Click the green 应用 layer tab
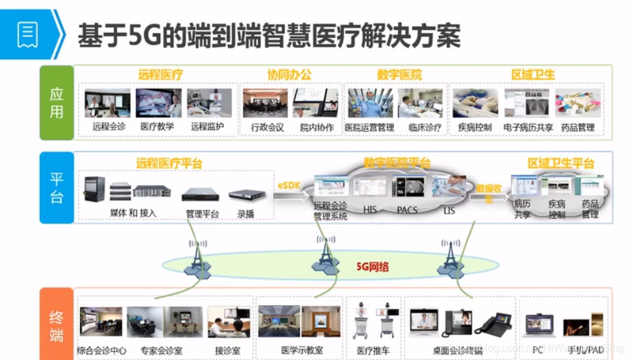point(57,102)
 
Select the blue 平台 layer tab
point(57,188)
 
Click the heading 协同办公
point(289,75)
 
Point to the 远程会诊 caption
point(109,127)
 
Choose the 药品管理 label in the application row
point(577,127)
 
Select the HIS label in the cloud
point(370,210)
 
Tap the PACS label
point(407,210)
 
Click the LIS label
point(449,210)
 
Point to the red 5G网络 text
point(373,266)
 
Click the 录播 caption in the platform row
point(245,213)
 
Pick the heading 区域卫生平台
point(561,163)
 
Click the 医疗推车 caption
point(373,351)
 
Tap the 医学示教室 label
point(302,351)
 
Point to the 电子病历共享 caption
point(528,127)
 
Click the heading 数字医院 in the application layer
point(399,75)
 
